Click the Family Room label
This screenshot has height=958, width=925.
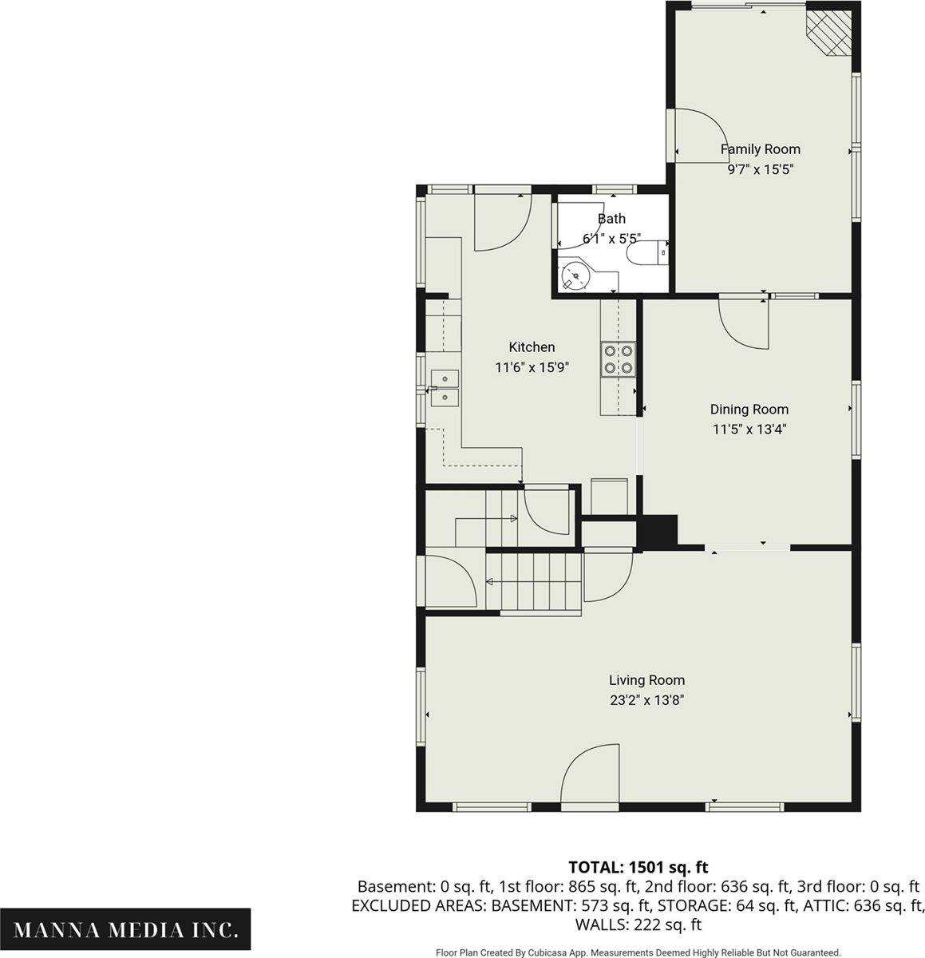760,148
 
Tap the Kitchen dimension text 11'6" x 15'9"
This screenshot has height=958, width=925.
532,367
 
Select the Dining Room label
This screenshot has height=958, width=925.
749,409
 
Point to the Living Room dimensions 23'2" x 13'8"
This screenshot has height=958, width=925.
646,700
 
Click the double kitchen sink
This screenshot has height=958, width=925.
445,388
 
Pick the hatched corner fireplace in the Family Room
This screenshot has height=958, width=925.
828,33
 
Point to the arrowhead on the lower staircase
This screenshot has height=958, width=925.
489,582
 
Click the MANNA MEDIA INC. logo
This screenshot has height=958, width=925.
125,929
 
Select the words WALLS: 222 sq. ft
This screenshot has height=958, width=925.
638,924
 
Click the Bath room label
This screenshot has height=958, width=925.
611,219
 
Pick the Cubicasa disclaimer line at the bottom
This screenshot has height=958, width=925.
638,952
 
